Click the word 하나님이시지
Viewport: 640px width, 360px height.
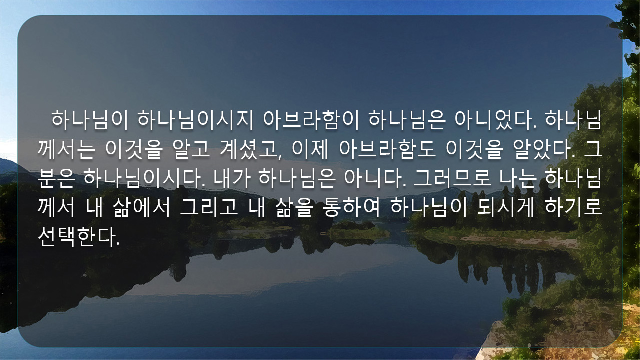tap(195, 120)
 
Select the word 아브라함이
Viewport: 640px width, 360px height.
tap(311, 120)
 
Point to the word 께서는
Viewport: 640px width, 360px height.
tap(66, 149)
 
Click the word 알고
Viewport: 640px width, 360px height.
tap(191, 149)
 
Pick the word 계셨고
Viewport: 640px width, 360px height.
tap(251, 149)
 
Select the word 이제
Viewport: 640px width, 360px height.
tap(310, 149)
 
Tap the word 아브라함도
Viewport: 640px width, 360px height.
tap(387, 149)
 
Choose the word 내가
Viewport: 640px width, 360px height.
tap(232, 178)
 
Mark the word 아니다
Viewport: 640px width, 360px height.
tap(375, 178)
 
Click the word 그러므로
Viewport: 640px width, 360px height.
tap(452, 178)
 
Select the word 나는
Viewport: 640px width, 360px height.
tap(517, 178)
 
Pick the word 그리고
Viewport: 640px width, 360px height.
tap(209, 207)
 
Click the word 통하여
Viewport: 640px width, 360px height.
tap(351, 207)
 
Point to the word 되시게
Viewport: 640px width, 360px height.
tap(505, 207)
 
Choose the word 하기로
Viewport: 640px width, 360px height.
tap(573, 207)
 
